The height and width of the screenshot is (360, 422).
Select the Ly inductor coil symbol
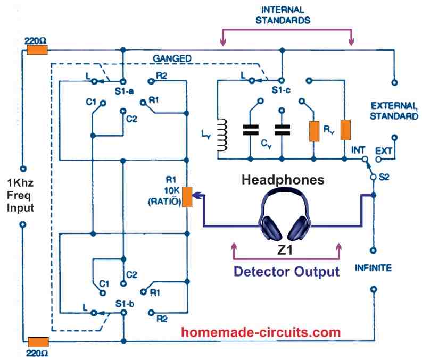coord(224,135)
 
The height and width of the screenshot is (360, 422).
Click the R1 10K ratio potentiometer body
coord(187,196)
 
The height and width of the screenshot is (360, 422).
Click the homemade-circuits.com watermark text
coord(260,333)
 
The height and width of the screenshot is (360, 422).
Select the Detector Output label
coord(287,272)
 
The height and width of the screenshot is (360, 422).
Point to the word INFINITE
coord(374,268)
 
